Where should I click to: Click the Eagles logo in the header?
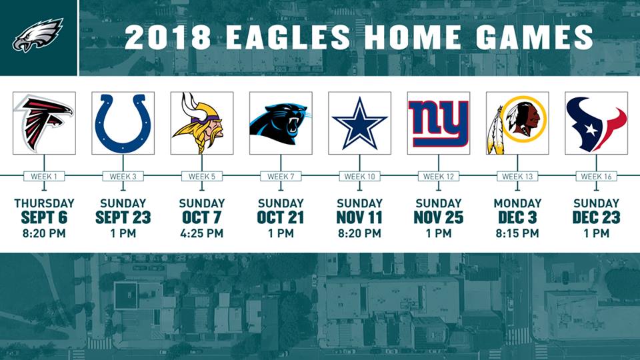click(x=38, y=35)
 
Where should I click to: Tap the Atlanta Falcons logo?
click(x=44, y=123)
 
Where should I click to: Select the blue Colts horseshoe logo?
click(x=123, y=123)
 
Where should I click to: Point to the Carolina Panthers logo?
click(x=281, y=123)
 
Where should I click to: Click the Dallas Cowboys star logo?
click(x=359, y=123)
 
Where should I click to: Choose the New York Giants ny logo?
click(x=439, y=123)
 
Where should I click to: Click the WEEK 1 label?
click(x=44, y=177)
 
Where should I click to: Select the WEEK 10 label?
click(x=359, y=177)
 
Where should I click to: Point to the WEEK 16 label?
click(x=596, y=177)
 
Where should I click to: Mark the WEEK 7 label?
click(x=281, y=177)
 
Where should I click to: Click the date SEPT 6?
click(x=44, y=217)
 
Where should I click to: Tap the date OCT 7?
click(x=201, y=217)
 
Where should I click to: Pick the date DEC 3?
click(x=517, y=217)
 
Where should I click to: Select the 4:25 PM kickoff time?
click(x=201, y=233)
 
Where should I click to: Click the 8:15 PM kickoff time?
click(x=517, y=233)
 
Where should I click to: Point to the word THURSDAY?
click(x=44, y=203)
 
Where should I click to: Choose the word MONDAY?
click(x=517, y=203)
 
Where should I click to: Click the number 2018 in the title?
click(x=167, y=37)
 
